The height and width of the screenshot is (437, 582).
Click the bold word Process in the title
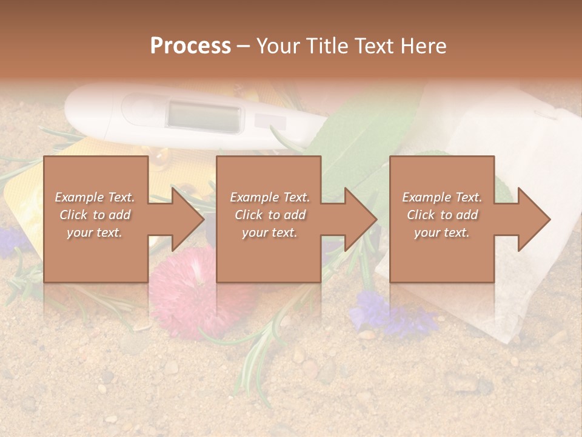(190, 46)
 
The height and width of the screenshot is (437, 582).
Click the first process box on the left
(96, 219)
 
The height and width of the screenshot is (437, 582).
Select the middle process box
(269, 219)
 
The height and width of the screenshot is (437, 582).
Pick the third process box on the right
(442, 219)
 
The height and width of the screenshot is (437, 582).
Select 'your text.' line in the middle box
(270, 232)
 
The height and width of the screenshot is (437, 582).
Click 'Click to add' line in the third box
(443, 215)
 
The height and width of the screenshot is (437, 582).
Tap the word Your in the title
(276, 46)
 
